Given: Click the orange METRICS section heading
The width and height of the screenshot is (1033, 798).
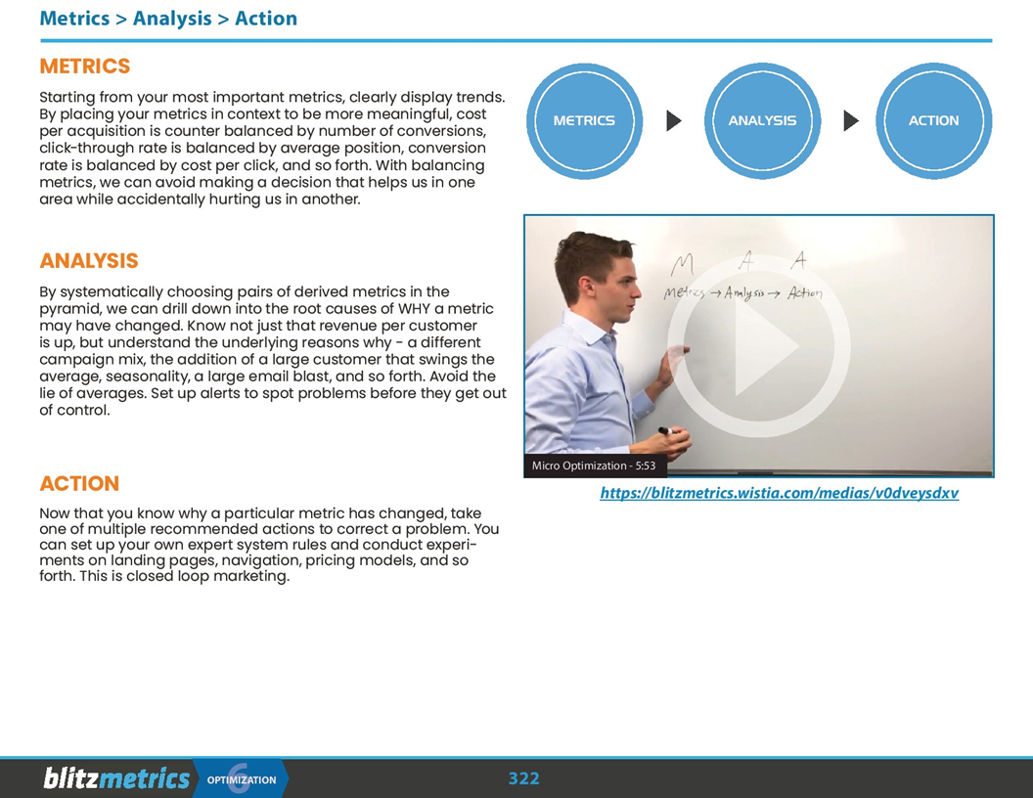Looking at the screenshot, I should tap(84, 66).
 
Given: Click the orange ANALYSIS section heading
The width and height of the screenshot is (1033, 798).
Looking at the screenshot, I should tap(89, 261).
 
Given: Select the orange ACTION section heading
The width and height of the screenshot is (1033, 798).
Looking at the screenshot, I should tap(79, 484).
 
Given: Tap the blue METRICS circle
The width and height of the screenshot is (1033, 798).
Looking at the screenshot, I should tap(584, 120).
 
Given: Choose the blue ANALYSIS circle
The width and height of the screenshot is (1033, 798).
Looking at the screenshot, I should tap(762, 120).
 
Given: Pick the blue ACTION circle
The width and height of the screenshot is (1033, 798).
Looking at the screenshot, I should tap(933, 120).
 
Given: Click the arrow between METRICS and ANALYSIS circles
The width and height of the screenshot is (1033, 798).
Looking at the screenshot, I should tap(673, 120).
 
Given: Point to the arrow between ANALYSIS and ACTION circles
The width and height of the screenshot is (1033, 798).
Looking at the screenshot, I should tap(850, 120).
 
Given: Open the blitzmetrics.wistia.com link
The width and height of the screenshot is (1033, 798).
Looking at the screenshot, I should tap(779, 493).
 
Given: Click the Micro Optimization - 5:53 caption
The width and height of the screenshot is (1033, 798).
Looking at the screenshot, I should tap(594, 466).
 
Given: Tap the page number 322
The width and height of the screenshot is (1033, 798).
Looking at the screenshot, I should tap(523, 778).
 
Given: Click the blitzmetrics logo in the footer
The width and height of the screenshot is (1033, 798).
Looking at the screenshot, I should tap(116, 778).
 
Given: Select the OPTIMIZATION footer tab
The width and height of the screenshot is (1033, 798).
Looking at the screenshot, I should tap(242, 779).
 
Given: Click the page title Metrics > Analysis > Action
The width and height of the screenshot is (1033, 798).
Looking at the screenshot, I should tap(168, 19).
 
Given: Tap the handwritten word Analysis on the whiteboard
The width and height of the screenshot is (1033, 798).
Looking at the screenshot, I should tap(745, 293).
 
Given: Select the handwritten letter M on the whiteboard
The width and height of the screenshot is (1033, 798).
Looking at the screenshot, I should tap(682, 264).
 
